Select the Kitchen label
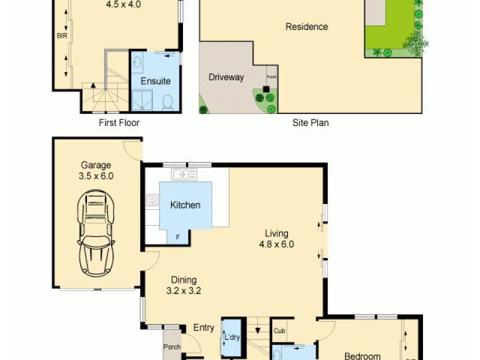click(185, 205)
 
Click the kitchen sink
click(184, 175)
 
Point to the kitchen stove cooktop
click(152, 200)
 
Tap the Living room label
click(277, 233)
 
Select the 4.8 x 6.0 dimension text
click(276, 244)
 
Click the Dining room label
click(184, 280)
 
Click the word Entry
click(203, 328)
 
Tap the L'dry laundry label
click(232, 337)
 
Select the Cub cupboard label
click(279, 331)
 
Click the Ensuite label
click(155, 81)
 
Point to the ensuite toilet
click(167, 102)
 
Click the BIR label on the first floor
click(61, 36)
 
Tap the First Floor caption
click(119, 122)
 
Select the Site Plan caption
click(310, 122)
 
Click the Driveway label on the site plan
click(226, 77)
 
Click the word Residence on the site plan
click(307, 26)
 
